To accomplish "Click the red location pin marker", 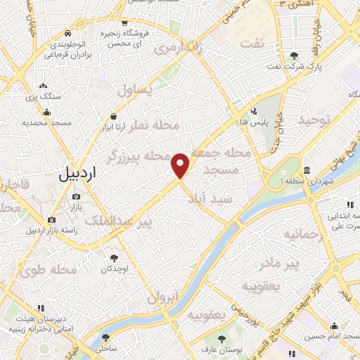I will coord(181,165).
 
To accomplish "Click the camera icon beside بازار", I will coord(76,197).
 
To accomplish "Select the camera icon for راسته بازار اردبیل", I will coord(51,220).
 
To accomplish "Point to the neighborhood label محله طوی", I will coord(53,269).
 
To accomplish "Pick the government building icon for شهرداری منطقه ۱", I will coord(307,170).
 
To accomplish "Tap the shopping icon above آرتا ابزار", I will coord(113,117).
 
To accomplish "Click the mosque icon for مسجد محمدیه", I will coord(47,111).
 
